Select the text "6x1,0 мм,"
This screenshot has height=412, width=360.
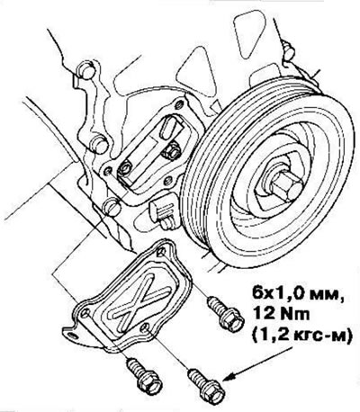click(298, 293)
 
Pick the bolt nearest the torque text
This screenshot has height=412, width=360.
click(226, 313)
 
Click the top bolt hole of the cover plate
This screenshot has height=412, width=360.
click(161, 252)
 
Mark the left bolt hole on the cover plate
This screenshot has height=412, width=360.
click(85, 314)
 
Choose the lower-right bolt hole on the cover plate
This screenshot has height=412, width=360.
click(145, 327)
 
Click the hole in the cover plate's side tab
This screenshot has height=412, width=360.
click(71, 335)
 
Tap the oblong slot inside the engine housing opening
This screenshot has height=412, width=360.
click(167, 128)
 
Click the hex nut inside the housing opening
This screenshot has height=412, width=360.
click(172, 152)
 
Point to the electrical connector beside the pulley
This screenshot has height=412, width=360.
click(163, 210)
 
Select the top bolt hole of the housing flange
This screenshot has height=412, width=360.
click(180, 104)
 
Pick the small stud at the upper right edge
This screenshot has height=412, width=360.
click(289, 51)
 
